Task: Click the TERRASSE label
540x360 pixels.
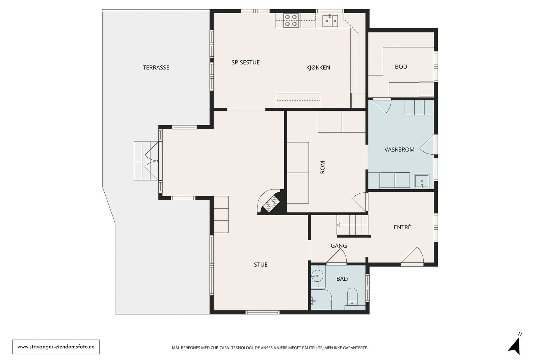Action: pos(156,67)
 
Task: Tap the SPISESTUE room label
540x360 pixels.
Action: pos(245,62)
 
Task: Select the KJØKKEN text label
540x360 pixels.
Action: pos(318,67)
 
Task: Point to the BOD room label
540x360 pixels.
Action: pos(401,67)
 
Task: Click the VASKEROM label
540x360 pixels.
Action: pos(400,150)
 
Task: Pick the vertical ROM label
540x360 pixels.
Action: pos(323,167)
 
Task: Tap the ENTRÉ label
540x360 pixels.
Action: pos(402,227)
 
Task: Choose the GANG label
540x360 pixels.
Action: pos(339,246)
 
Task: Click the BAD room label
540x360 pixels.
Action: pos(342,279)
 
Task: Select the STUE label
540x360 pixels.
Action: pos(261,265)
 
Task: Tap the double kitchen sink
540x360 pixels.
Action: pos(330,21)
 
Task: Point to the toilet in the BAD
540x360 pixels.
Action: pos(352,296)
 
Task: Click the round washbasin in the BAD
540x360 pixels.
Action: pos(317,276)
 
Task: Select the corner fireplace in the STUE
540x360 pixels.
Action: pos(270,201)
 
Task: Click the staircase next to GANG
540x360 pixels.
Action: pos(352,225)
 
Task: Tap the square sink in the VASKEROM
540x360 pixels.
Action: pos(422,181)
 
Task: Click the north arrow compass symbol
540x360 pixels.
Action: pos(514,346)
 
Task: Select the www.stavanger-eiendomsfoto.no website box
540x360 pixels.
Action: pos(56,347)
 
